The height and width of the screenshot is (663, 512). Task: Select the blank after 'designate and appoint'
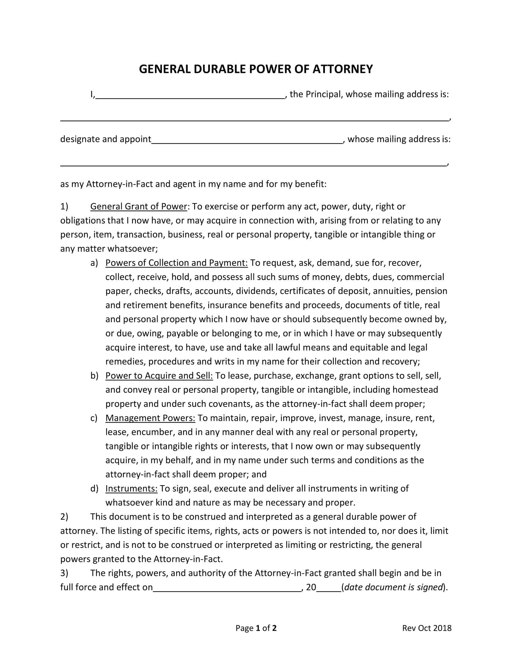(247, 140)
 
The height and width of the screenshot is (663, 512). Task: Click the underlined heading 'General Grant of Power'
(139, 206)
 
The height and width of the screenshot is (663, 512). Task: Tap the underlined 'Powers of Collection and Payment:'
(176, 262)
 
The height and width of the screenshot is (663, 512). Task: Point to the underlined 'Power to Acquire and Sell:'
(159, 375)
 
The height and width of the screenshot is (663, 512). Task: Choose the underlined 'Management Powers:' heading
(150, 418)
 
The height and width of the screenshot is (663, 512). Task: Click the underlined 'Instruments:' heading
(131, 488)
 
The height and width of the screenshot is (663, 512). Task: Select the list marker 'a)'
(94, 263)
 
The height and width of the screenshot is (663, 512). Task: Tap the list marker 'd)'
(94, 489)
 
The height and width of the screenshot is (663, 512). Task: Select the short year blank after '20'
(329, 588)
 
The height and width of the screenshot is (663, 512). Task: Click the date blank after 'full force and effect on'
(226, 588)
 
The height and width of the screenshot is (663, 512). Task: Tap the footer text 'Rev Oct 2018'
(426, 628)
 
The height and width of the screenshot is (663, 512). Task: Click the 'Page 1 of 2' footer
(256, 628)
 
